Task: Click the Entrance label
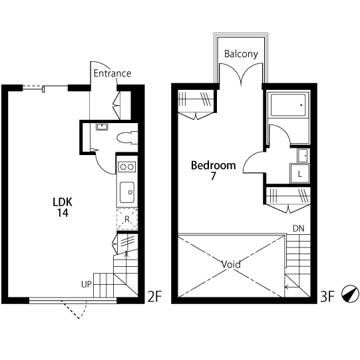[112, 73]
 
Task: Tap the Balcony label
[241, 54]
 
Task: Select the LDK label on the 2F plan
[63, 202]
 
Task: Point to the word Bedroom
[214, 165]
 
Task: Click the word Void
[231, 264]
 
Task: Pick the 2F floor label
[154, 296]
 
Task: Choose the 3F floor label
[327, 296]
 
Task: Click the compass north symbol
[350, 294]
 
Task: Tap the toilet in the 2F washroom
[127, 138]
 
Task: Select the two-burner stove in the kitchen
[127, 166]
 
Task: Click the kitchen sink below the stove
[127, 192]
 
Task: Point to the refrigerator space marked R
[127, 219]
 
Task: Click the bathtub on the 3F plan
[288, 105]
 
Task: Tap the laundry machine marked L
[300, 174]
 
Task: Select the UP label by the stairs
[87, 284]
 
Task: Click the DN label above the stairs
[299, 228]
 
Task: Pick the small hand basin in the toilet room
[102, 126]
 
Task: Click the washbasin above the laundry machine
[303, 156]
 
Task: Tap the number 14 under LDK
[63, 213]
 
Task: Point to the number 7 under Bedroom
[214, 176]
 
